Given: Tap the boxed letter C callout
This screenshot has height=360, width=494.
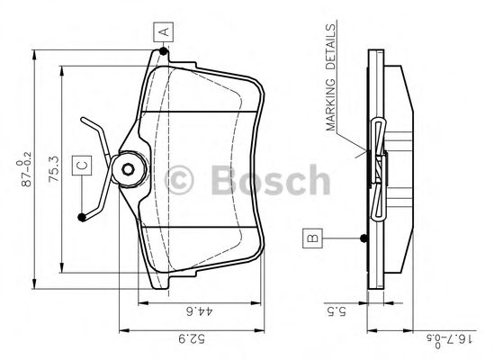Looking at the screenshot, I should [x=80, y=166].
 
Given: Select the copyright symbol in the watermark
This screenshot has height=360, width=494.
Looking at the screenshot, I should [x=185, y=180].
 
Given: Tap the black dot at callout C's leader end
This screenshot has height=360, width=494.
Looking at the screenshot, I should [x=83, y=216].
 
